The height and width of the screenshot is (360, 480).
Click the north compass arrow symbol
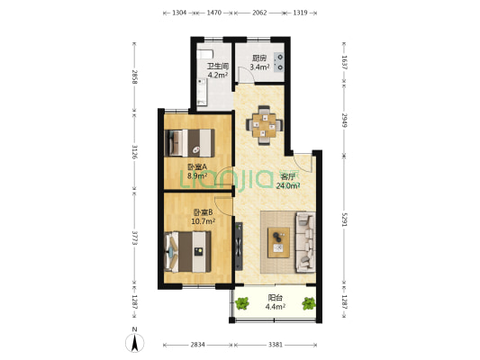(134, 343)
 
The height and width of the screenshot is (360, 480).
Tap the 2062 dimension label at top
(259, 13)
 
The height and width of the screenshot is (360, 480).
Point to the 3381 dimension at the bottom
(276, 345)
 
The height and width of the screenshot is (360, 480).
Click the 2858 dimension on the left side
(134, 77)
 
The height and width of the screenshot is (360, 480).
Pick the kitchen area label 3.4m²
(259, 67)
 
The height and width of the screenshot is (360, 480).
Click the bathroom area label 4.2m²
(217, 76)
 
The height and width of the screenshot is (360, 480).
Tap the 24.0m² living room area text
(288, 185)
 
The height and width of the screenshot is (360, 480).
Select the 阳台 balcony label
(276, 298)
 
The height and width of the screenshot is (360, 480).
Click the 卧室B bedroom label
(203, 212)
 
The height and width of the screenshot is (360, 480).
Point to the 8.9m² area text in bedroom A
(197, 175)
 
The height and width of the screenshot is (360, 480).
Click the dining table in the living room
(264, 125)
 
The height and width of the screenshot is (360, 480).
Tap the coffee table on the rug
(278, 242)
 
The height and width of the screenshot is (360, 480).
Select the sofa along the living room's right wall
(305, 242)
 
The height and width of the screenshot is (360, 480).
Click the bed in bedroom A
(189, 143)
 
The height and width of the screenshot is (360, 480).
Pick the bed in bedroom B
(187, 252)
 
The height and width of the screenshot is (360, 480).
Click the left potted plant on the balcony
(242, 303)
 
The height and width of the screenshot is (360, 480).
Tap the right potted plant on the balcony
(309, 303)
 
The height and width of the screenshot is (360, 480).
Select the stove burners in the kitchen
(279, 62)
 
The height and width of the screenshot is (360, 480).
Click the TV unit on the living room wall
(239, 247)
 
